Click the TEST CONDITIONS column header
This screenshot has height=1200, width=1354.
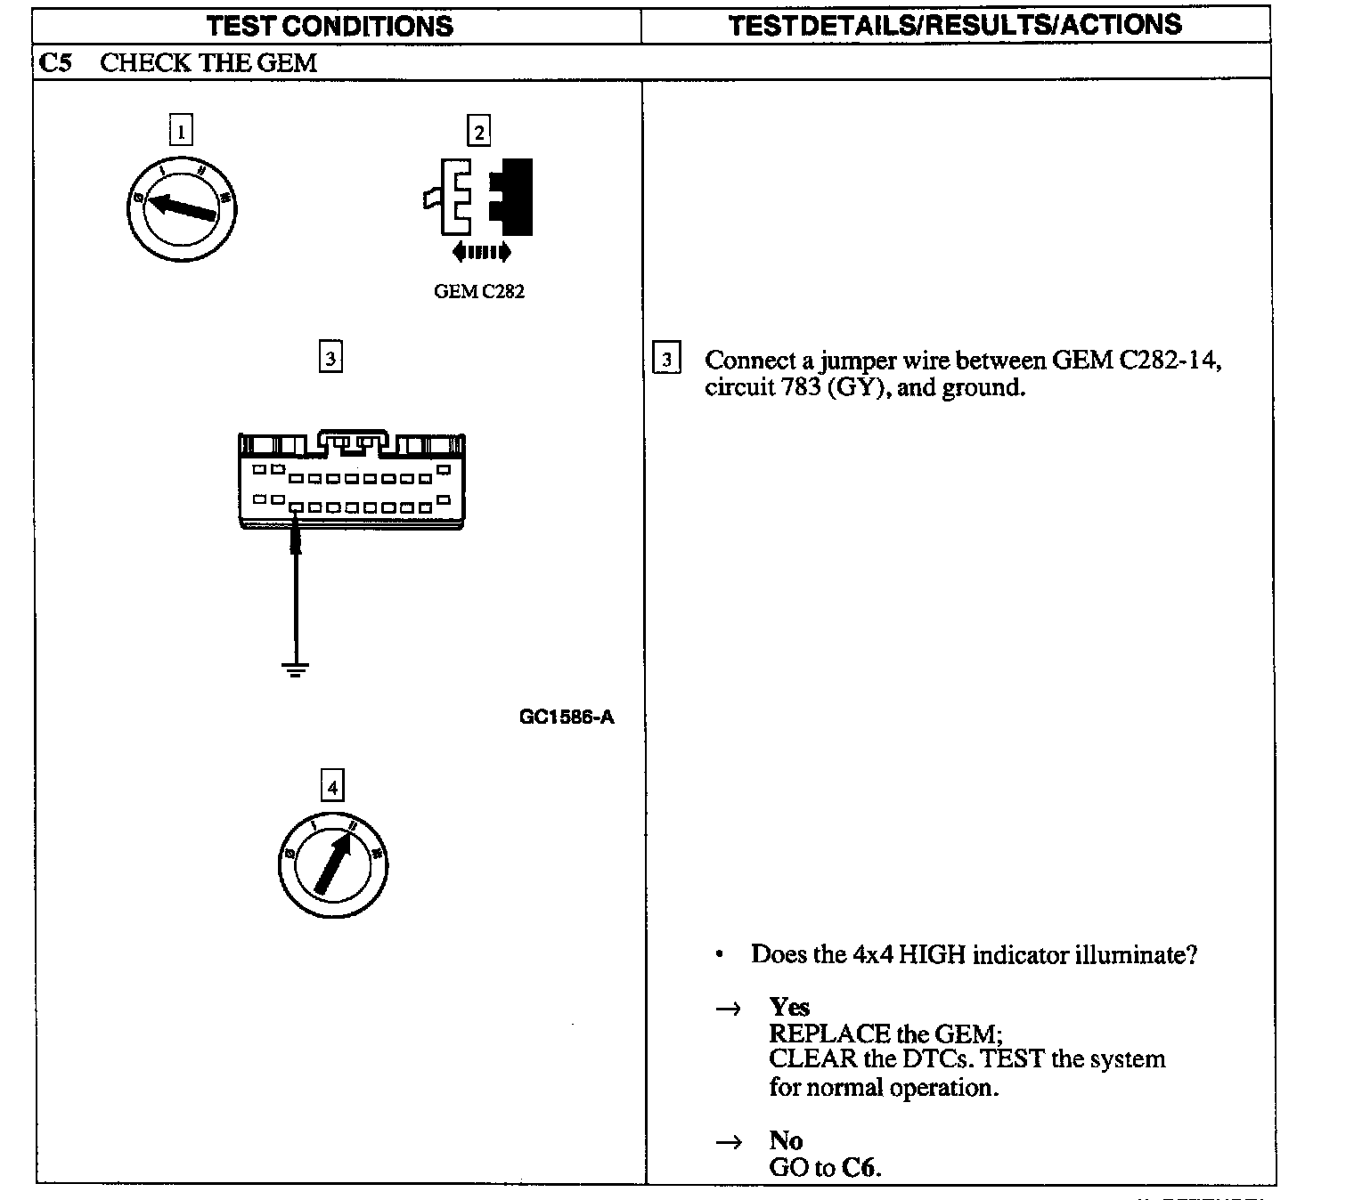pyautogui.click(x=330, y=25)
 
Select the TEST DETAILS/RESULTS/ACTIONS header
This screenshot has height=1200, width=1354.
pyautogui.click(x=954, y=24)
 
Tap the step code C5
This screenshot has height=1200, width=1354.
pyautogui.click(x=55, y=62)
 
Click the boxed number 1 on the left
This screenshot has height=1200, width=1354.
pyautogui.click(x=181, y=132)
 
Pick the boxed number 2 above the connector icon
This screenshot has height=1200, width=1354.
pyautogui.click(x=479, y=132)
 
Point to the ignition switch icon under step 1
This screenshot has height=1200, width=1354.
pyautogui.click(x=183, y=207)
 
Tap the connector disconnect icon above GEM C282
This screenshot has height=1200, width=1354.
pyautogui.click(x=478, y=198)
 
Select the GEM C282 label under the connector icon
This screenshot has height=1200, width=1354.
pyautogui.click(x=479, y=292)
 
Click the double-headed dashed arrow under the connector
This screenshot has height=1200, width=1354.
pyautogui.click(x=481, y=253)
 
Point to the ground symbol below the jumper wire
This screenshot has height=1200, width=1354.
pyautogui.click(x=296, y=669)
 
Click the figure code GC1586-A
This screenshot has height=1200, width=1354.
pyautogui.click(x=567, y=717)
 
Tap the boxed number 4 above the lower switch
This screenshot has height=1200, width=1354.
pyautogui.click(x=332, y=787)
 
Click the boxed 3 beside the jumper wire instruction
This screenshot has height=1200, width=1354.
pyautogui.click(x=666, y=360)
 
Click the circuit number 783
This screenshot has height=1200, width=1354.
pyautogui.click(x=799, y=388)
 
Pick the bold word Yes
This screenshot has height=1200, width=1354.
pyautogui.click(x=789, y=1007)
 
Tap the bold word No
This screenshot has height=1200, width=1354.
pyautogui.click(x=786, y=1140)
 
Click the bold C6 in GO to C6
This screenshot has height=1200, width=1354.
pyautogui.click(x=860, y=1167)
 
